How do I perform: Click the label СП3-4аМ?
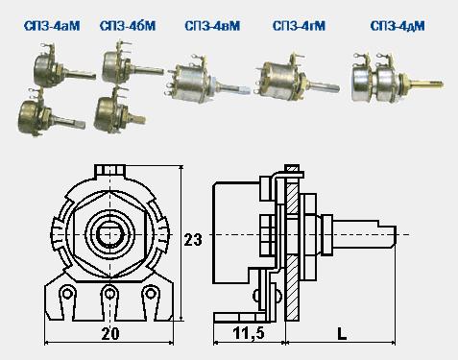point(52,26)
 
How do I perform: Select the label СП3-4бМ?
point(128,26)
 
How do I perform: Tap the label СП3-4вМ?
point(212,26)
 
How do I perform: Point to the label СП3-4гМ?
point(299,26)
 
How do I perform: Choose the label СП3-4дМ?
point(398,26)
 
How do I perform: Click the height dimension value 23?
point(193,240)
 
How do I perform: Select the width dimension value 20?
point(110,334)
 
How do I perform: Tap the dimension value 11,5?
point(249,334)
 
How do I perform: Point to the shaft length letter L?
point(342,334)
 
